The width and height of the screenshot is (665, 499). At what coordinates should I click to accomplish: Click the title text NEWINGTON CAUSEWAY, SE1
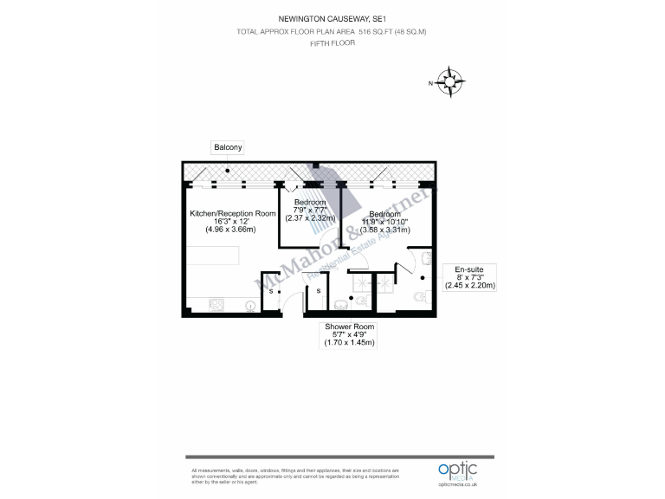332,16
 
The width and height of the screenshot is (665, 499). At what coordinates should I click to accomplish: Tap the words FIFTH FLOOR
332,42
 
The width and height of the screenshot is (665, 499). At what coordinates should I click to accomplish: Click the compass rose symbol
450,82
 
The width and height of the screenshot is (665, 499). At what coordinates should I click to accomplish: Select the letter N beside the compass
430,83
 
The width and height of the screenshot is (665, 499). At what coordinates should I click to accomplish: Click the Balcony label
228,148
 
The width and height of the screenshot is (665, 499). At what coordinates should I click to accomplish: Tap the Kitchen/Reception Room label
233,212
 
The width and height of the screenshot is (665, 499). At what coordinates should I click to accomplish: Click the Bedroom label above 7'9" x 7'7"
310,202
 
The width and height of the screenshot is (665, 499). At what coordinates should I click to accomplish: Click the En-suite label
468,269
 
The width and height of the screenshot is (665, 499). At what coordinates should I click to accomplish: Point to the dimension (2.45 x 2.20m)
468,285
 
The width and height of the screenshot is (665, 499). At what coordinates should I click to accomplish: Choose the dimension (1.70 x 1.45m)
350,343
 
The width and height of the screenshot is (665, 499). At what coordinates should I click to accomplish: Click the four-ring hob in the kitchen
214,304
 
